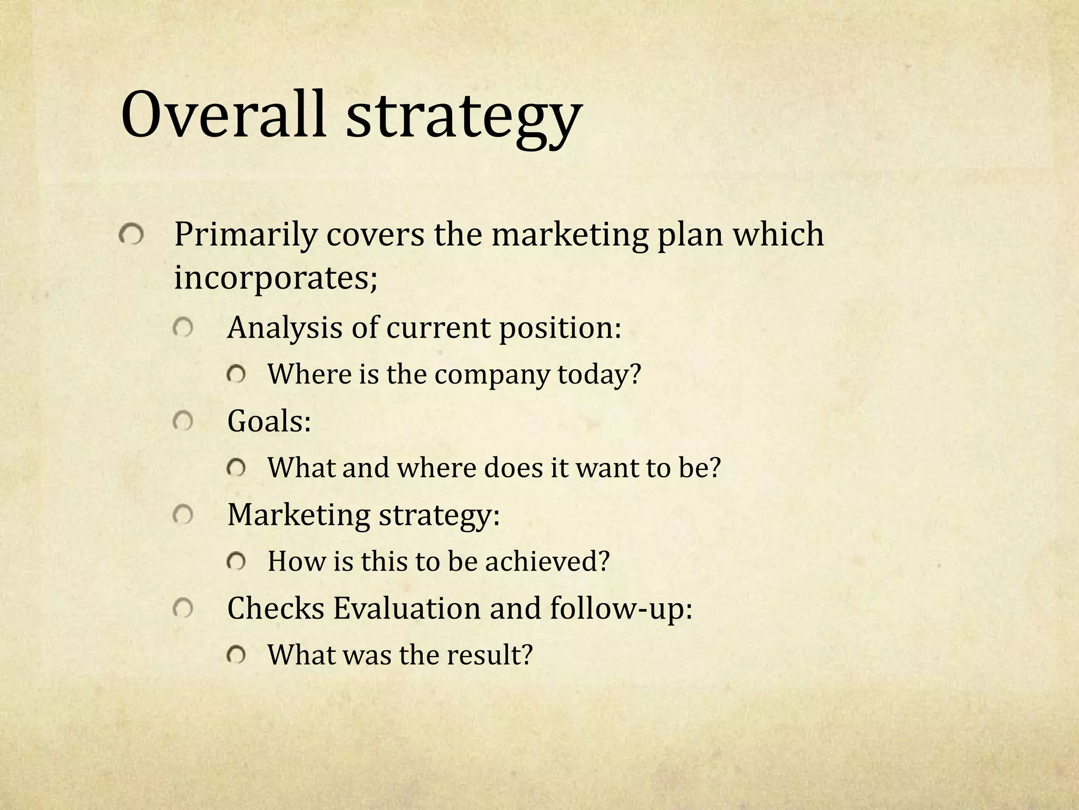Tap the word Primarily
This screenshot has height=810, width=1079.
coord(246,235)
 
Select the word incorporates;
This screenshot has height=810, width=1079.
coord(276,278)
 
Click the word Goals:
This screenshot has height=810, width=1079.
coord(269,421)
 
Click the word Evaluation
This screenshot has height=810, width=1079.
coord(407,608)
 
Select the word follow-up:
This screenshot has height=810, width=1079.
coord(621,608)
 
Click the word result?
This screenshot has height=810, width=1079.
coord(490,655)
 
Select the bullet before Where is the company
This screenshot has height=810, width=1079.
coord(236,375)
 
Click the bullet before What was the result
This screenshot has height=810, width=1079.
coord(236,655)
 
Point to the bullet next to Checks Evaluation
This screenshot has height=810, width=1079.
coord(182,609)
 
